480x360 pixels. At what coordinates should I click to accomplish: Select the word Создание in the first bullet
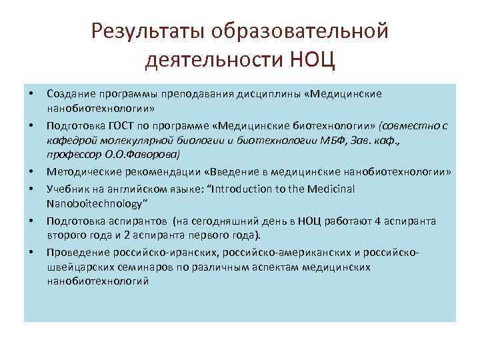pos(69,94)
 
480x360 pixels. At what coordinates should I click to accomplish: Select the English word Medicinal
pos(331,189)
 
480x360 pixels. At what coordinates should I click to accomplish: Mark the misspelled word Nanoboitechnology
pos(94,203)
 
